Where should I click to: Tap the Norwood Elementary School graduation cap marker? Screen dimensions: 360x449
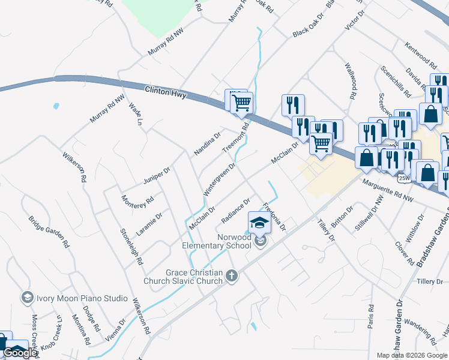point(259,223)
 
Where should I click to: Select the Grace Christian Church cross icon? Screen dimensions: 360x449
point(232,277)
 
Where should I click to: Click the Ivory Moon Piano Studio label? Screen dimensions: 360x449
point(82,298)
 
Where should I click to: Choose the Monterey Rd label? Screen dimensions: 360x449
point(137,206)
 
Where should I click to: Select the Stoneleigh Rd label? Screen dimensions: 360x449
point(131,247)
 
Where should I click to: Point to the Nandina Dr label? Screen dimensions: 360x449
point(207,144)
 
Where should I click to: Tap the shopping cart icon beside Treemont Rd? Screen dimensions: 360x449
point(241,102)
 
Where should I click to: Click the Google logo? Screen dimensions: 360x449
point(20,353)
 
